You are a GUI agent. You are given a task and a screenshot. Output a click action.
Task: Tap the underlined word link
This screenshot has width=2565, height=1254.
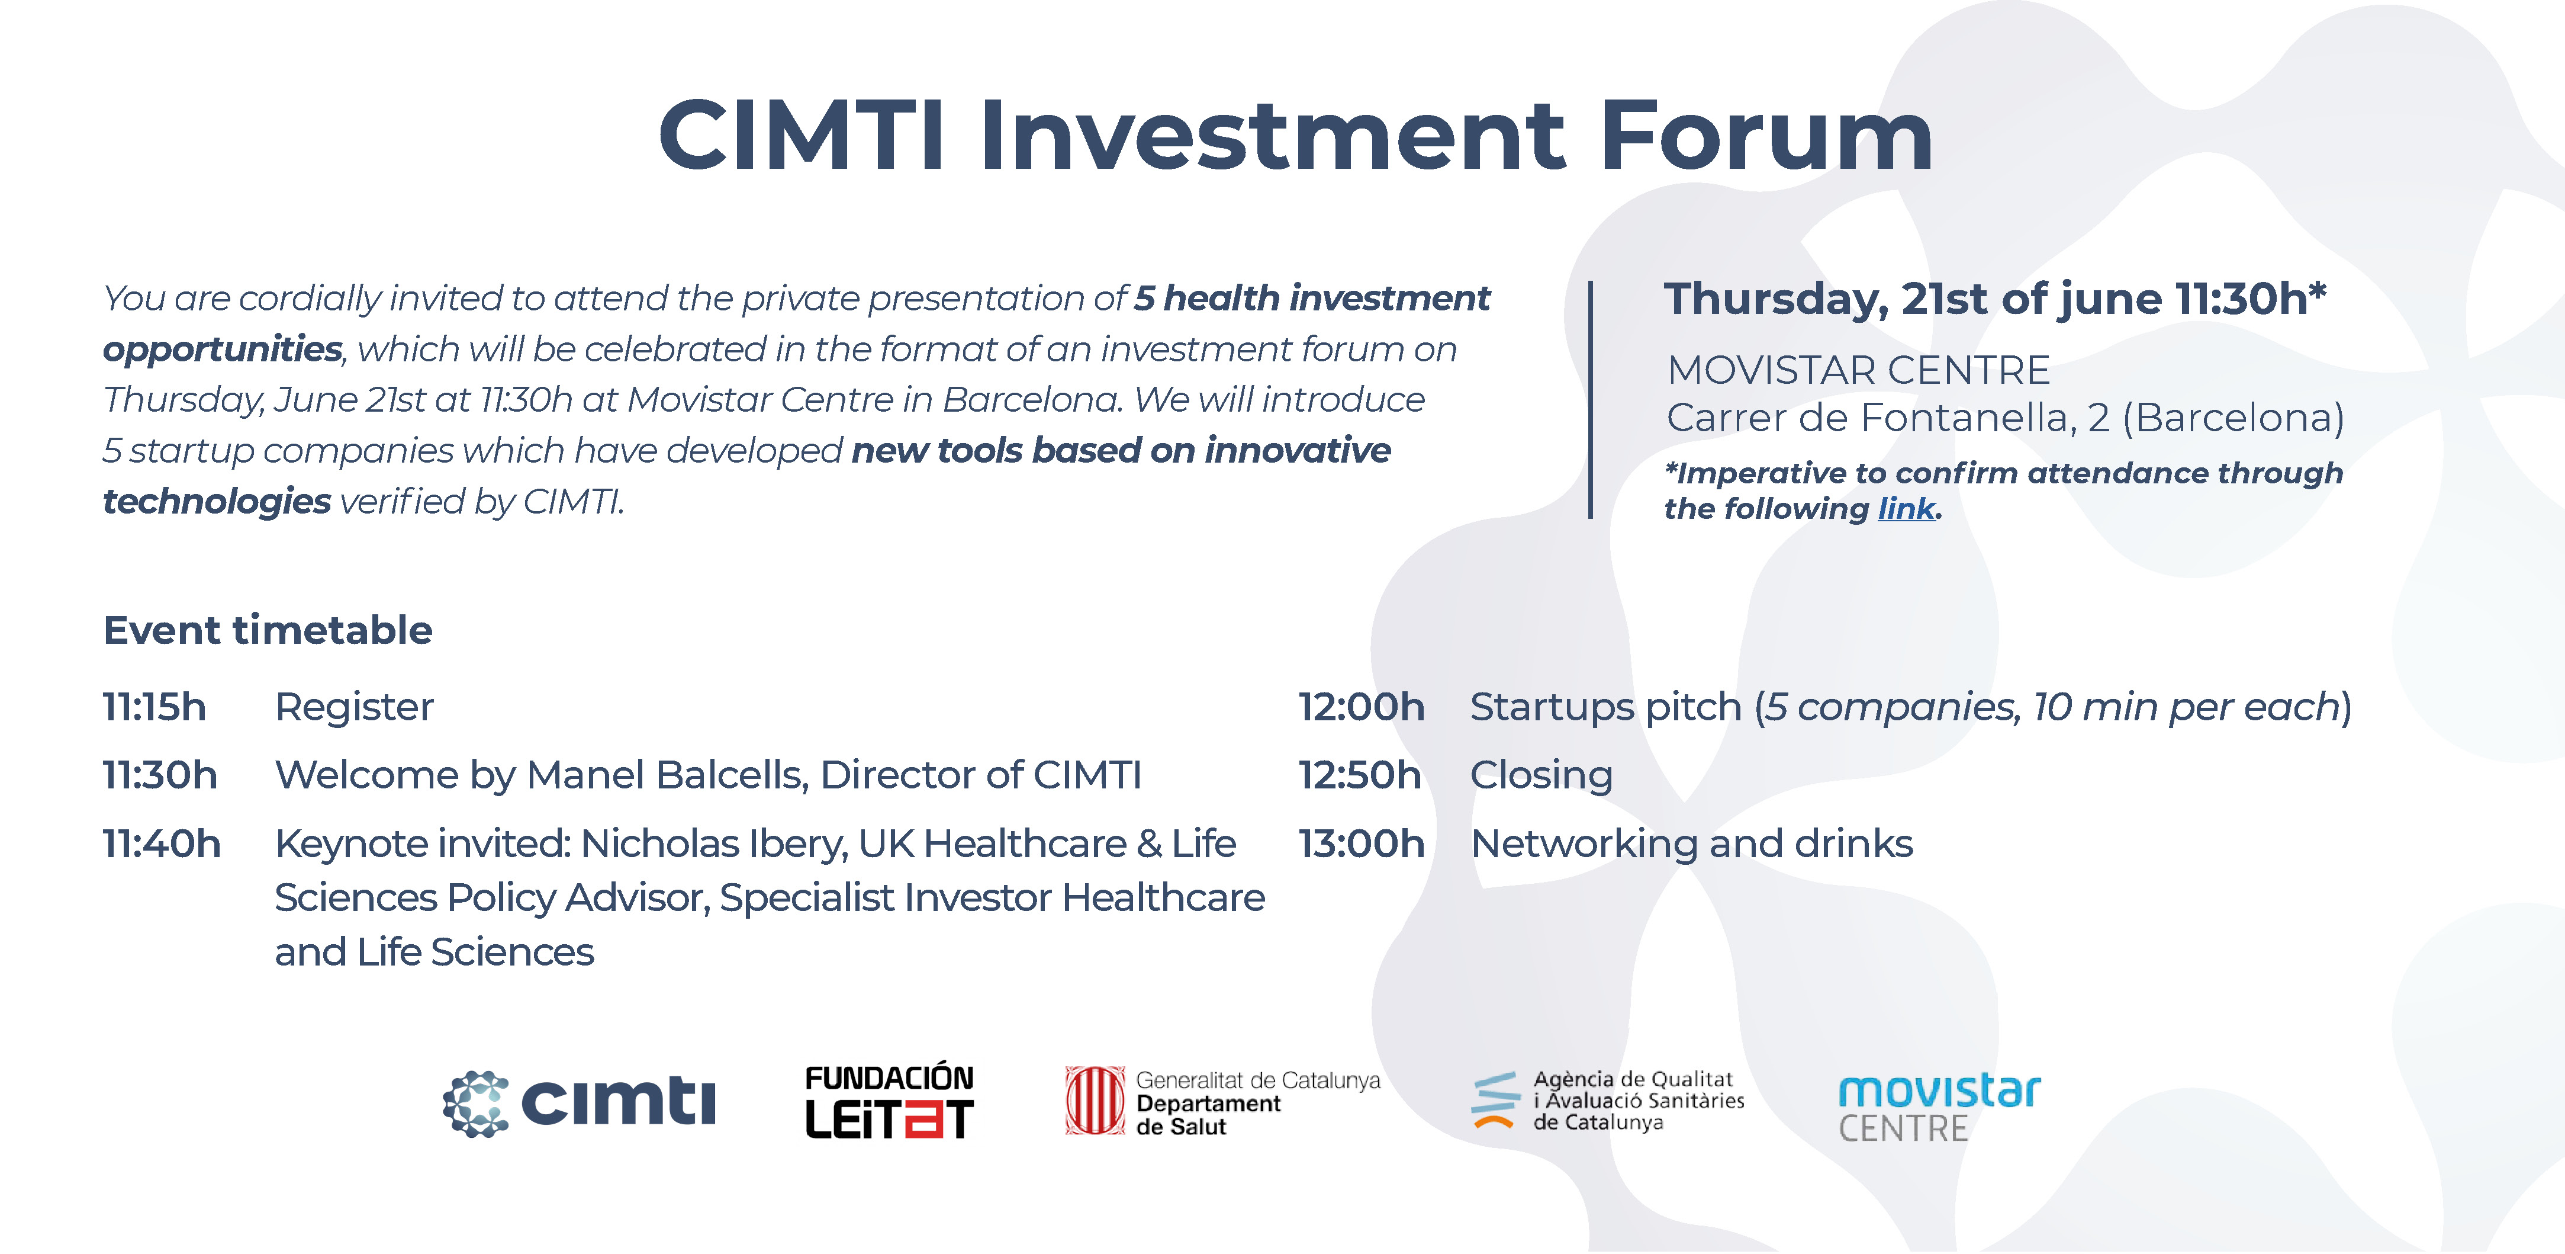pyautogui.click(x=1906, y=509)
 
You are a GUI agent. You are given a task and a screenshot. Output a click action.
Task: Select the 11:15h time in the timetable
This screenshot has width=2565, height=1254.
pyautogui.click(x=155, y=707)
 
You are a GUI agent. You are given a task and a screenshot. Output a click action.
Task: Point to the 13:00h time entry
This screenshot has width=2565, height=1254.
pyautogui.click(x=1361, y=844)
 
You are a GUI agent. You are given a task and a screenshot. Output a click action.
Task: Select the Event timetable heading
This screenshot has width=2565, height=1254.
pyautogui.click(x=268, y=630)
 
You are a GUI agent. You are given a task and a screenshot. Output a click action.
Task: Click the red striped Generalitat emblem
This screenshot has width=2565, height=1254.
pyautogui.click(x=1095, y=1101)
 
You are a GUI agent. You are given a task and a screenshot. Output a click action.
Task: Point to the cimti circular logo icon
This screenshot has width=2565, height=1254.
pyautogui.click(x=476, y=1104)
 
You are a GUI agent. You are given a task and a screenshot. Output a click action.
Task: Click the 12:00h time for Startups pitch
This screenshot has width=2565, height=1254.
pyautogui.click(x=1361, y=707)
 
